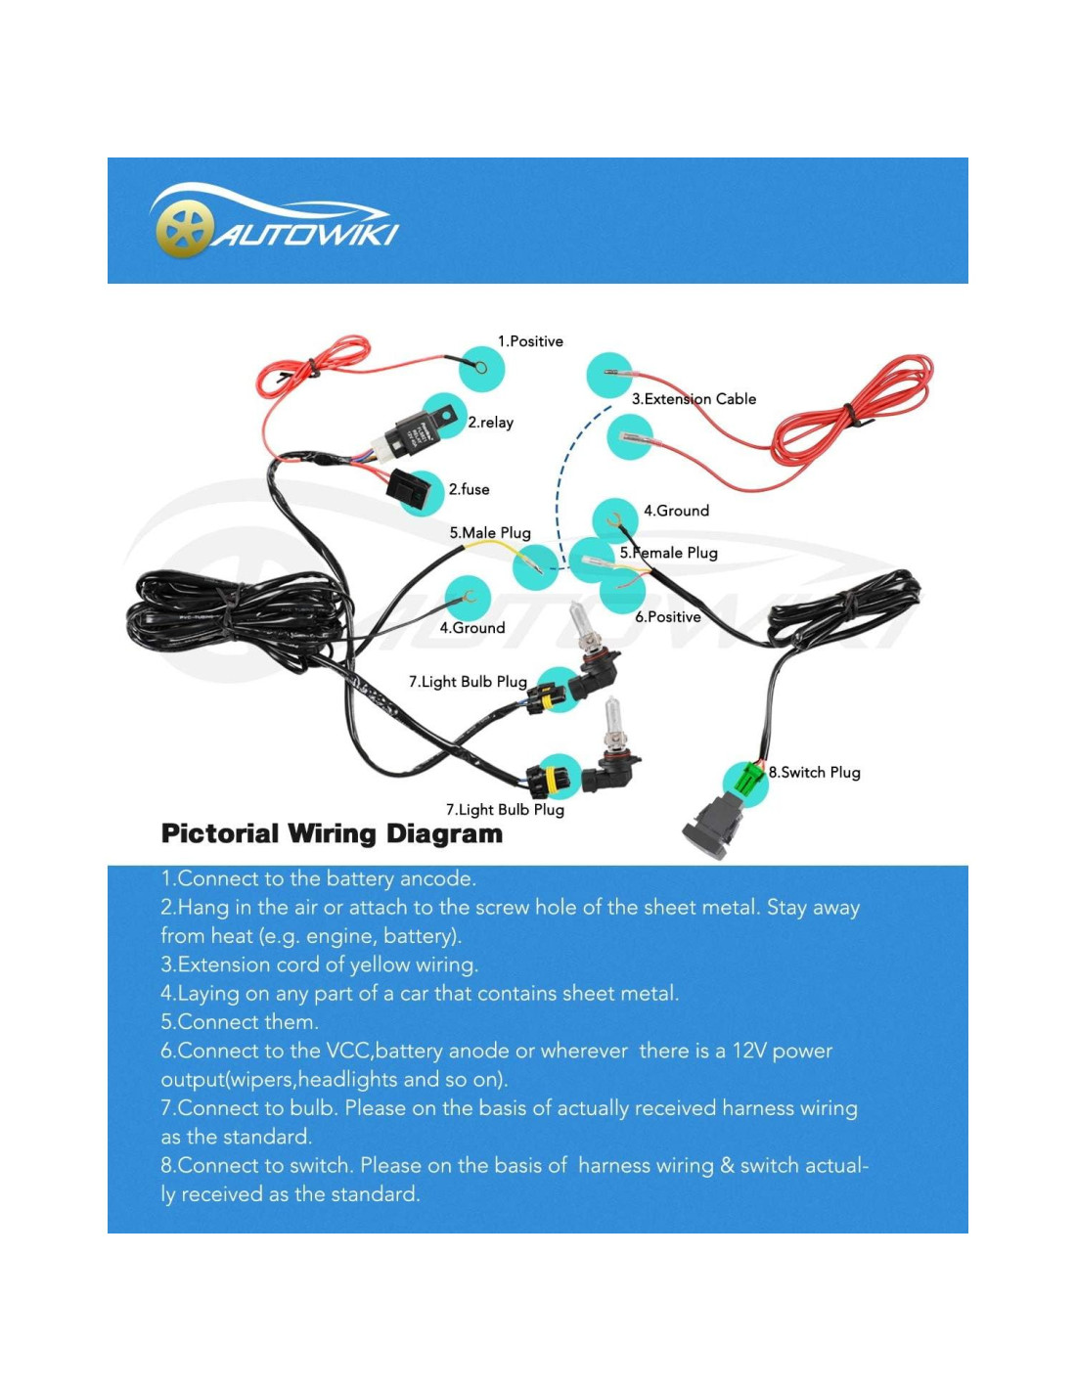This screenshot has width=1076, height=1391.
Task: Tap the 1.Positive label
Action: click(530, 341)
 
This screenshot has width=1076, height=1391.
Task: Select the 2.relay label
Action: click(490, 423)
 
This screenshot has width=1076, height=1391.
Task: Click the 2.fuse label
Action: click(469, 489)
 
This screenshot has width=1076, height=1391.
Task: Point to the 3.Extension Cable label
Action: click(694, 399)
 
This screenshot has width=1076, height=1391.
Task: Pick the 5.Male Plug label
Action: click(490, 533)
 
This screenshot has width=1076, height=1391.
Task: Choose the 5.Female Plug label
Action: click(668, 553)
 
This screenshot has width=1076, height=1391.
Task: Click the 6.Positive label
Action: click(668, 617)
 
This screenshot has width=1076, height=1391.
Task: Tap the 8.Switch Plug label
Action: click(814, 772)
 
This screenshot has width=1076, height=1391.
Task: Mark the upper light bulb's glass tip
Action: click(579, 617)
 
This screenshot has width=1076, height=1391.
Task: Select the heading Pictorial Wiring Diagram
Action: click(332, 834)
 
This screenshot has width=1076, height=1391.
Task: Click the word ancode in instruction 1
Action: click(437, 878)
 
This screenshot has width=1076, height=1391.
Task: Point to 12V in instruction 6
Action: click(748, 1051)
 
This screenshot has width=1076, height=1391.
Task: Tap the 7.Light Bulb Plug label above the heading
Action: click(505, 809)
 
